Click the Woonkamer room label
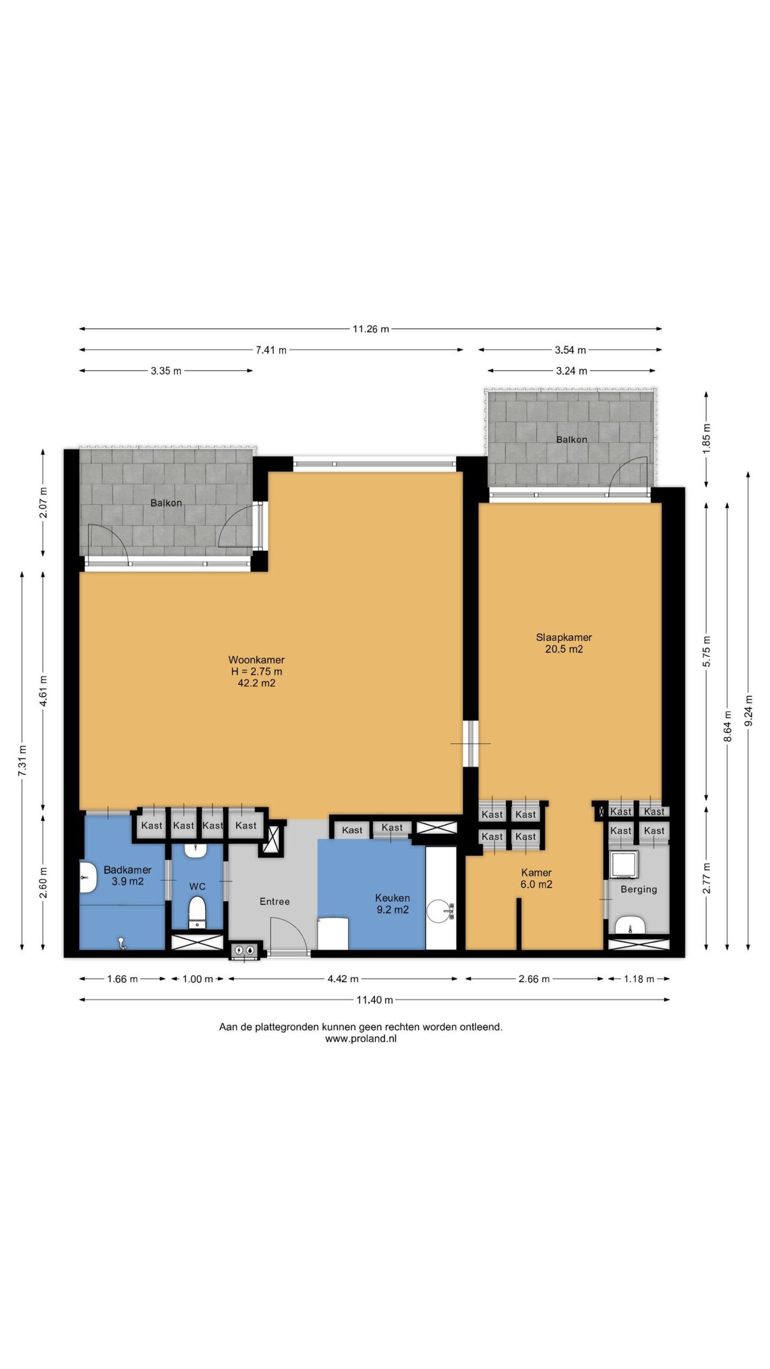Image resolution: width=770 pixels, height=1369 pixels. (256, 671)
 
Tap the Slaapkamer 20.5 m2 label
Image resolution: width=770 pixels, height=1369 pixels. (564, 643)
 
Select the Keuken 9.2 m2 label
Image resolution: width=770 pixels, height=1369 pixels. (392, 904)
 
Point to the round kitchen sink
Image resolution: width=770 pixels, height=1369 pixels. (441, 910)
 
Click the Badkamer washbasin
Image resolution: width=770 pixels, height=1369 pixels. (87, 877)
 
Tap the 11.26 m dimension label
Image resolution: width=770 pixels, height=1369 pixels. (371, 329)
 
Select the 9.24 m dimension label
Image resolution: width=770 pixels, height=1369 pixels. (749, 711)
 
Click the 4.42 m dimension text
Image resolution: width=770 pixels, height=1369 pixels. (343, 979)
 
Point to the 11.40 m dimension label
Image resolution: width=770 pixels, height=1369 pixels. (375, 999)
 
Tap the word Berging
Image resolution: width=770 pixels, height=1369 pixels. (638, 889)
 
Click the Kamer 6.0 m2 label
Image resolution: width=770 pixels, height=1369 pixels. (536, 878)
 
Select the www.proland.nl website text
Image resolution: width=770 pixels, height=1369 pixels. (361, 1039)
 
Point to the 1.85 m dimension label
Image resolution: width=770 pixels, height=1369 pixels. (706, 439)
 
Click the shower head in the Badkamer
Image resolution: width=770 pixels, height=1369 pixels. (122, 944)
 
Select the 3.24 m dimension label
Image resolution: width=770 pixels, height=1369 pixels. (572, 371)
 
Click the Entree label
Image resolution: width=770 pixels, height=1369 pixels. (274, 901)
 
